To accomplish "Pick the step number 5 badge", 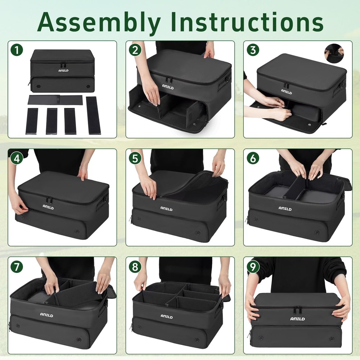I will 135,158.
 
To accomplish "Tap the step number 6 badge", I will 253,158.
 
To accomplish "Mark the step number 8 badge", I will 135,266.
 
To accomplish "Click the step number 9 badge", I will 253,266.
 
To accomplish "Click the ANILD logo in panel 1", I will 63,71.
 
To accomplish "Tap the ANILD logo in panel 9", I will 297,319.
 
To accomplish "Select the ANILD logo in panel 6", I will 285,208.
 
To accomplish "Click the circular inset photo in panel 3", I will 334,53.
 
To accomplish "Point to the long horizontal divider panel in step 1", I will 55,100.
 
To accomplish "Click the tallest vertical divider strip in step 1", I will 93,115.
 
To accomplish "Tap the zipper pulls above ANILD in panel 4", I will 49,199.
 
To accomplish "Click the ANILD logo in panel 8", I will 167,316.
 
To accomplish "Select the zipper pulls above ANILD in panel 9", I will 297,310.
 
